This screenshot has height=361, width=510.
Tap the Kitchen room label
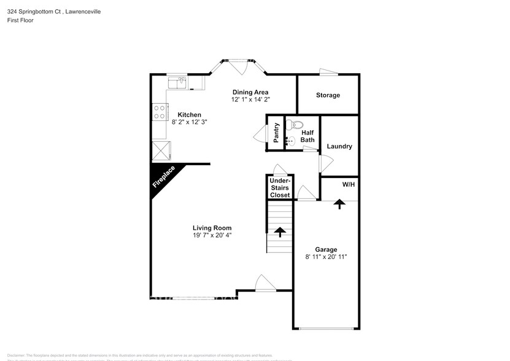click(189, 115)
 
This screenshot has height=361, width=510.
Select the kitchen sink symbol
click(178, 82)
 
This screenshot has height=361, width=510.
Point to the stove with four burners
click(160, 112)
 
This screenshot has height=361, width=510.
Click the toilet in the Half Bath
click(298, 125)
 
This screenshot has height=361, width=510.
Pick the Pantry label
click(276, 132)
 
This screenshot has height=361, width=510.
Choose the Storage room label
click(328, 95)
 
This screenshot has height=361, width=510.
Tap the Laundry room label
click(339, 146)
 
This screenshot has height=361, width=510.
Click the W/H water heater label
click(348, 184)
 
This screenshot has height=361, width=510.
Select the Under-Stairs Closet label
click(280, 188)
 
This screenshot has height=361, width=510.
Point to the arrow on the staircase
click(280, 231)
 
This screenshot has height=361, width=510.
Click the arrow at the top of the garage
click(339, 204)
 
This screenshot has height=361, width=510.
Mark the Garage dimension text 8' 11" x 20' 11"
click(326, 257)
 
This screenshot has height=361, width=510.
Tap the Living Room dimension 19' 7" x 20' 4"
click(212, 235)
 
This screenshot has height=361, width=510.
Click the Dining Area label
click(250, 92)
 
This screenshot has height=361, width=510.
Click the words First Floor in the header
click(21, 20)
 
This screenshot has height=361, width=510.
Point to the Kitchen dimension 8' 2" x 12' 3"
click(189, 122)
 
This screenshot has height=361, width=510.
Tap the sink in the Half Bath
click(292, 141)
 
